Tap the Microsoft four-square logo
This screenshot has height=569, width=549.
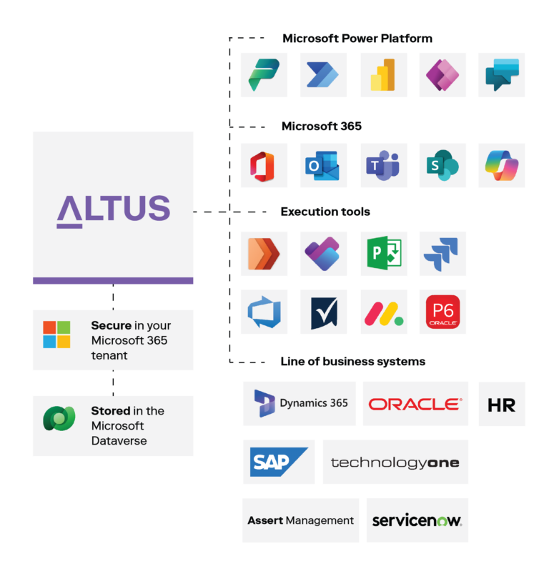(56, 335)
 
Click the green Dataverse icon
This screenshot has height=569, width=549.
(59, 418)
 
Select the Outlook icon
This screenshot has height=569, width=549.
(323, 166)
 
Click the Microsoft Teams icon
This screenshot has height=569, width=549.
(384, 166)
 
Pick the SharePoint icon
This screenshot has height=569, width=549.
(442, 166)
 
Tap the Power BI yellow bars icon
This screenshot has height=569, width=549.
(384, 75)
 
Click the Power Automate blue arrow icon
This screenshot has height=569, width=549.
(323, 75)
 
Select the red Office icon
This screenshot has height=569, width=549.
(264, 166)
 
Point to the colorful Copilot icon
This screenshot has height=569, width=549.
(501, 166)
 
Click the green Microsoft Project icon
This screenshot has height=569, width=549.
(384, 254)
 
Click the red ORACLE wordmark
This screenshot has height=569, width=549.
(415, 404)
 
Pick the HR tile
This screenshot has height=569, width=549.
(501, 404)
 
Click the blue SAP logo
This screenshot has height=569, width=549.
(278, 462)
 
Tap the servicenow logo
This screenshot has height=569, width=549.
(417, 520)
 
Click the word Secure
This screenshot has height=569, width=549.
(111, 325)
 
